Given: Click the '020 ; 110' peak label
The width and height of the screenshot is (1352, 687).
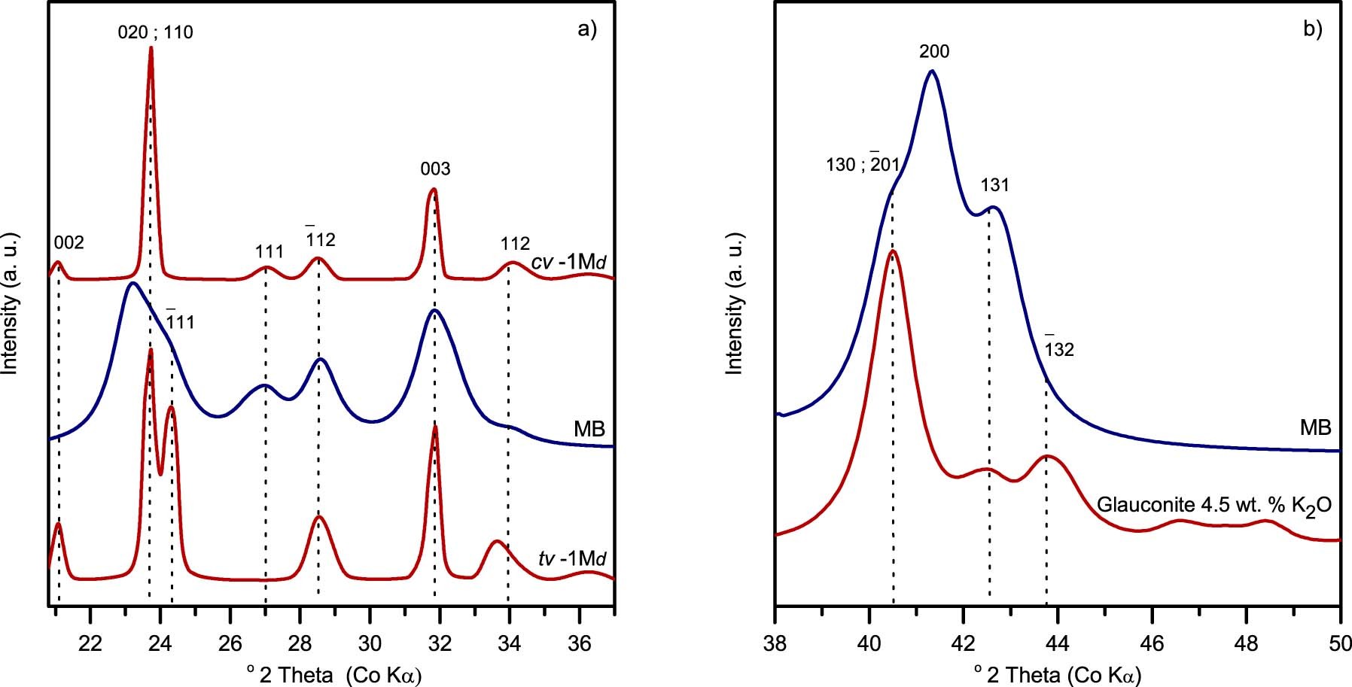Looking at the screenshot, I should click(x=155, y=32).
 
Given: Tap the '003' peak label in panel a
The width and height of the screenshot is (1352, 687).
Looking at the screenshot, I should click(x=435, y=169).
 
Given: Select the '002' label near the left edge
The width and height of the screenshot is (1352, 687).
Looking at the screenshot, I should click(x=69, y=243).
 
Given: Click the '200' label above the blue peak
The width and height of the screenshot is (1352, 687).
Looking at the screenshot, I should click(x=934, y=52).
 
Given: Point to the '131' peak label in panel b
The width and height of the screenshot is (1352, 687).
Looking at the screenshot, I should click(x=994, y=185).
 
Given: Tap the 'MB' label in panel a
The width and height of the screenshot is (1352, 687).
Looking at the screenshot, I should click(x=589, y=430).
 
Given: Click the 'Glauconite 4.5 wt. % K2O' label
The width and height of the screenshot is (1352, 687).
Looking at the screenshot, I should click(x=1214, y=505).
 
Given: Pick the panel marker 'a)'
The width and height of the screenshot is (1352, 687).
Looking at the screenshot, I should click(x=586, y=29).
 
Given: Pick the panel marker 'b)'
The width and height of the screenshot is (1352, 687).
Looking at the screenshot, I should click(x=1312, y=29).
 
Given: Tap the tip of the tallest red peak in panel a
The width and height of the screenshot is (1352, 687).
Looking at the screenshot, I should click(x=151, y=48).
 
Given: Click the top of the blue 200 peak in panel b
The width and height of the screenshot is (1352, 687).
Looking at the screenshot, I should click(x=932, y=71).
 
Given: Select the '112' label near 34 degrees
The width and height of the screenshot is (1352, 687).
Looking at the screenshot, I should click(x=515, y=244).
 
